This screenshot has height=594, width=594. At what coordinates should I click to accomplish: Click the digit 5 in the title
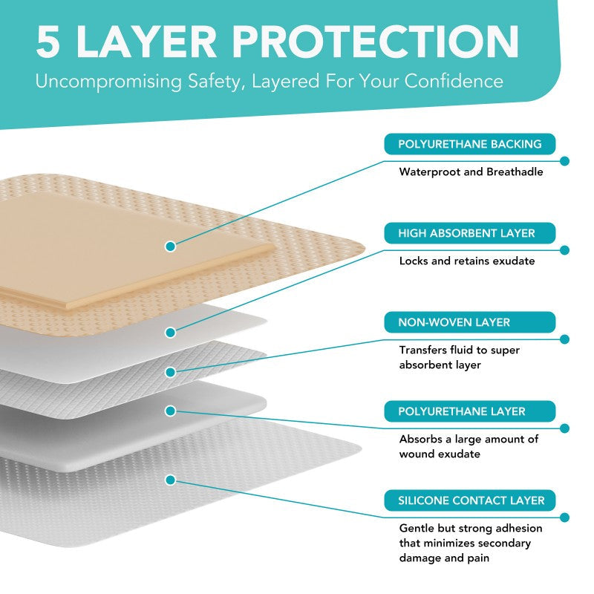point(48,42)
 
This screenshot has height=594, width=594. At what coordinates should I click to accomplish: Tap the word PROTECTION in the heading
point(375,42)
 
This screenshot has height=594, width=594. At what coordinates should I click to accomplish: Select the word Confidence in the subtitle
point(454,81)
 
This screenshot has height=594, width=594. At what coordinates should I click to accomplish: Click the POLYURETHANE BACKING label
point(470,144)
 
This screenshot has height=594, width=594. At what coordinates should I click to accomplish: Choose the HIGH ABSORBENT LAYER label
point(470,233)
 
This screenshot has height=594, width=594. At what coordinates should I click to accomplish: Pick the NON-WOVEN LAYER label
point(470,322)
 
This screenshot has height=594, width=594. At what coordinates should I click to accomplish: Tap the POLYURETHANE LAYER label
point(470,411)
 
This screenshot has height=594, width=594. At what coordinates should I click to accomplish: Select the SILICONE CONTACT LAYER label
point(470,500)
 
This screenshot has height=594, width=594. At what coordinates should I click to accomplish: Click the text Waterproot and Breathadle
point(471,172)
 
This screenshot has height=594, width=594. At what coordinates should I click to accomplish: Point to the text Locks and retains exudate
point(467,261)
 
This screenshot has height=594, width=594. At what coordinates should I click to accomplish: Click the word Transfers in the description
point(423,350)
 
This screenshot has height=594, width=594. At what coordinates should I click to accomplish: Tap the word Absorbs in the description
point(420,439)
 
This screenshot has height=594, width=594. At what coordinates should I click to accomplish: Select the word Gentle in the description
point(417,528)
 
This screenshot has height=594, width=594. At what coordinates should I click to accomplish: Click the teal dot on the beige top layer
point(171,247)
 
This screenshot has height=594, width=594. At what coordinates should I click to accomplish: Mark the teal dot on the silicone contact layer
point(171,480)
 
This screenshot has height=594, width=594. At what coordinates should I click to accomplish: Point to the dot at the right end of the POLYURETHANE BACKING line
point(564,161)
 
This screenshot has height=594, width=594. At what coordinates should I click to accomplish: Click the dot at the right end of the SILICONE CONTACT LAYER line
point(564,518)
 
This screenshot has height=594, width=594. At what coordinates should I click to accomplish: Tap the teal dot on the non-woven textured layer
point(171,373)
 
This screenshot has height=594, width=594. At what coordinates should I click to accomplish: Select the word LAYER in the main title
point(146,42)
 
